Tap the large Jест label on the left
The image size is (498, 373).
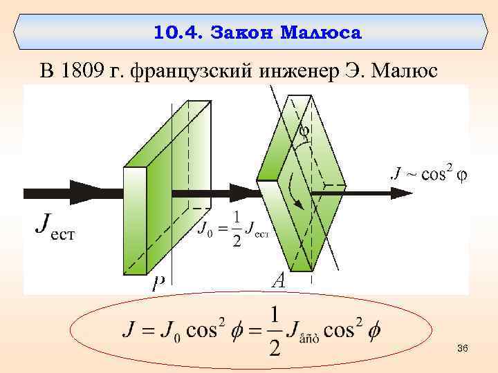[55, 226]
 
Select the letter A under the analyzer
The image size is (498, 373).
[278, 280]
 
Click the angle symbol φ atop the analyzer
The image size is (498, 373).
[304, 129]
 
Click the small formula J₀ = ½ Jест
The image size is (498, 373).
[232, 229]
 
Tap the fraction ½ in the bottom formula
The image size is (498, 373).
[275, 332]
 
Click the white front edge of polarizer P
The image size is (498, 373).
[134, 221]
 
